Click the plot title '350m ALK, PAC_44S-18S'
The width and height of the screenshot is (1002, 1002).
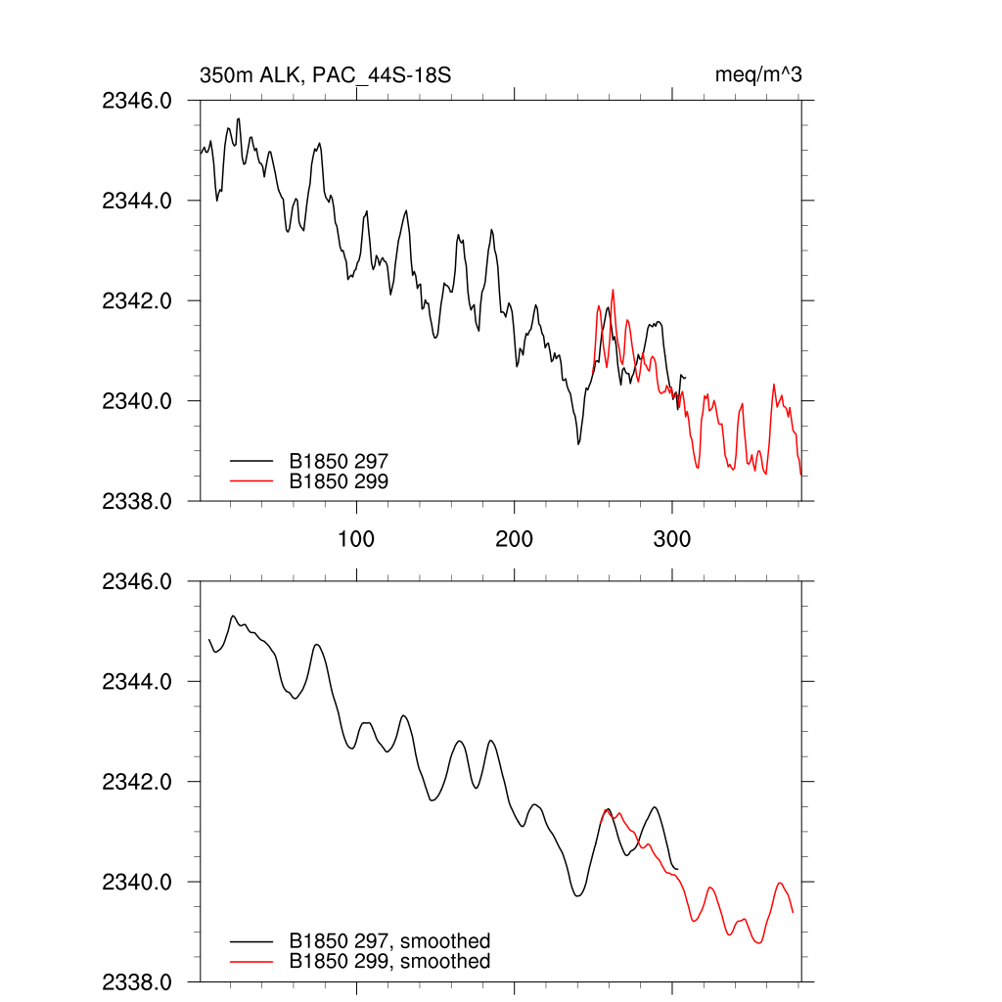pyautogui.click(x=325, y=75)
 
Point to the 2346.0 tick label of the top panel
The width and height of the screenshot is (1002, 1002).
pyautogui.click(x=137, y=100)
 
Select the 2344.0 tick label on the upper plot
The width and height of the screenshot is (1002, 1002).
pyautogui.click(x=137, y=201)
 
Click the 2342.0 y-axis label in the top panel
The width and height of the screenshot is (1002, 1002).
pyautogui.click(x=137, y=300)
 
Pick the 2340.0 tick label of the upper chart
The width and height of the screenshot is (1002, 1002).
pyautogui.click(x=137, y=401)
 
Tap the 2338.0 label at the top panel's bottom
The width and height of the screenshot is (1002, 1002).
pyautogui.click(x=137, y=501)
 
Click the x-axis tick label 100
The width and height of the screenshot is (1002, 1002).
pyautogui.click(x=356, y=539)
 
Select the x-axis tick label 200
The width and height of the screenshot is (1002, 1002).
pyautogui.click(x=514, y=539)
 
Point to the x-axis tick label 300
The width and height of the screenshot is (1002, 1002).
pyautogui.click(x=672, y=539)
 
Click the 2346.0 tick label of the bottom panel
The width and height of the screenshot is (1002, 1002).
pyautogui.click(x=137, y=581)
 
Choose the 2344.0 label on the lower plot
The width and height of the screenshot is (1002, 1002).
pyautogui.click(x=137, y=681)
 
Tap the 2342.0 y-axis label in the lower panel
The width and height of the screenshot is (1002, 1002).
pyautogui.click(x=137, y=782)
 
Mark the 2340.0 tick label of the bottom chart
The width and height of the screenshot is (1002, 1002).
pyautogui.click(x=137, y=882)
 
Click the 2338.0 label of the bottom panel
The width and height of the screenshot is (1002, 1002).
pyautogui.click(x=137, y=981)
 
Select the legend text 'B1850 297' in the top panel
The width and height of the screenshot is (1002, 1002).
pyautogui.click(x=339, y=460)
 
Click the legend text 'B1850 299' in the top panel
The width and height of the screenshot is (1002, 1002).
pyautogui.click(x=339, y=480)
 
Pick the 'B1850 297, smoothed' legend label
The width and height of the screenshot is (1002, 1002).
pyautogui.click(x=389, y=941)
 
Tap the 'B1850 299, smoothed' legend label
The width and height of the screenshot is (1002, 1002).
pyautogui.click(x=389, y=962)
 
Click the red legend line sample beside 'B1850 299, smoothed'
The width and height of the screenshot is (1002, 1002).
pyautogui.click(x=250, y=962)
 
